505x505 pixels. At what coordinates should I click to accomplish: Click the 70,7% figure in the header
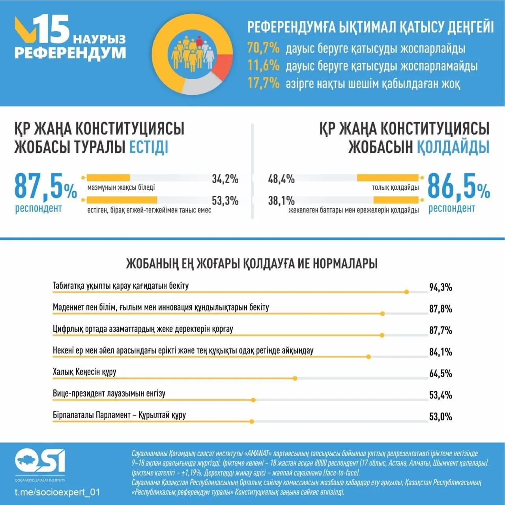263,48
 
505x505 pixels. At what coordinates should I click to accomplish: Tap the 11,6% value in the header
263,65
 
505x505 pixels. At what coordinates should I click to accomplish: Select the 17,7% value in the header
263,83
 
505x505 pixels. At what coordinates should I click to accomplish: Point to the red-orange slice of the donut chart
222,65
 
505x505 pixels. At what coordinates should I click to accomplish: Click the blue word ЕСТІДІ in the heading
149,147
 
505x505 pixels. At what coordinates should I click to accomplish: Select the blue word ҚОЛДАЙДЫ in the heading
453,147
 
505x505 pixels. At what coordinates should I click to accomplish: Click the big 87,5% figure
45,186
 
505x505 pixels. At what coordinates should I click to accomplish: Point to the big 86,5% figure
458,186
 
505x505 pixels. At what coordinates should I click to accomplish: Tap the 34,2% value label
225,179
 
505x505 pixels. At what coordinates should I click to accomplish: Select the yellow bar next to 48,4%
388,178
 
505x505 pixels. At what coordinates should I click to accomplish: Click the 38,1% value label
281,201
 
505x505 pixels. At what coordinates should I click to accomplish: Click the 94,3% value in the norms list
440,287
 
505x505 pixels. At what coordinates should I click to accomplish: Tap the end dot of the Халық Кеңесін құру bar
295,378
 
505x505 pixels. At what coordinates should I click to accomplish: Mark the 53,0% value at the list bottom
440,417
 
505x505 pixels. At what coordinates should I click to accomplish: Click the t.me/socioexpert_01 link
57,492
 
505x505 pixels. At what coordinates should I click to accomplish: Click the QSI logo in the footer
40,461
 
